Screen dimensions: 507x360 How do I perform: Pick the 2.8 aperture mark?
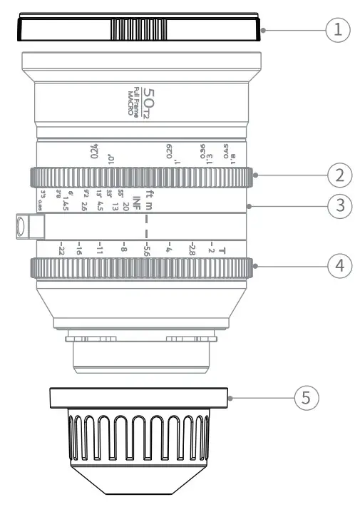[191, 250]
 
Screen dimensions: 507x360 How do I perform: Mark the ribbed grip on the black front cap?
[139, 30]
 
